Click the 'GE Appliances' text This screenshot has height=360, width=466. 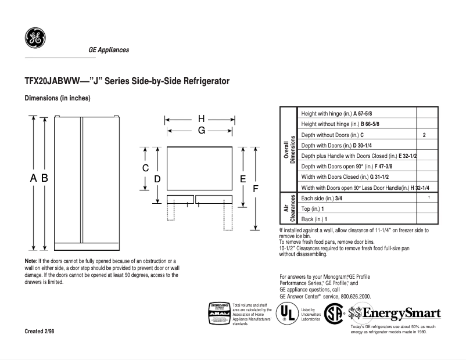pos(109,50)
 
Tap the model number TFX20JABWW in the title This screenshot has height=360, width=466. pos(51,81)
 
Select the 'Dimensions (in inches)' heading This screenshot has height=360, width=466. pos(57,98)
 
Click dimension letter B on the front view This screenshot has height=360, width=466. pos(44,179)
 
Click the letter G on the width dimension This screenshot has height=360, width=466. pos(201,131)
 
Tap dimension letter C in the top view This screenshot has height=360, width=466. pos(146,168)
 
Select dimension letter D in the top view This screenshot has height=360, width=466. pos(157,179)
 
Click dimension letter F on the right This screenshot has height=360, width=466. pos(255,189)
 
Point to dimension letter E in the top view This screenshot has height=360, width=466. pos(243,179)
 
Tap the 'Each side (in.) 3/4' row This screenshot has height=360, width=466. pos(321,198)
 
